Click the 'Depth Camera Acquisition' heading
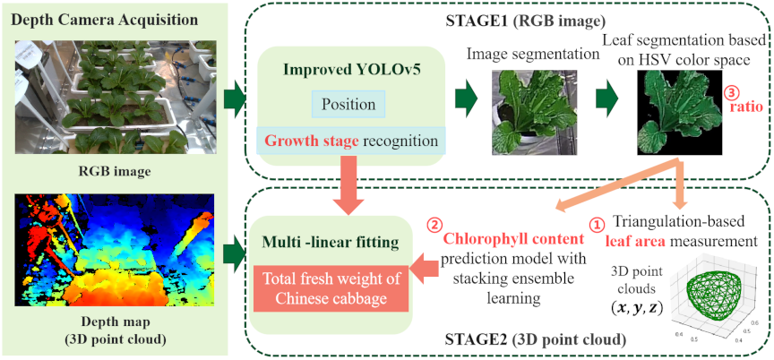(104, 21)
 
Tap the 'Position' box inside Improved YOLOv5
(348, 105)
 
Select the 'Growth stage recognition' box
(351, 141)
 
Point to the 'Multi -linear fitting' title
(331, 243)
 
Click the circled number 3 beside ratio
(729, 92)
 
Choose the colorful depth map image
(115, 251)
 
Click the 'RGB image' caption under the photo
(115, 172)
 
